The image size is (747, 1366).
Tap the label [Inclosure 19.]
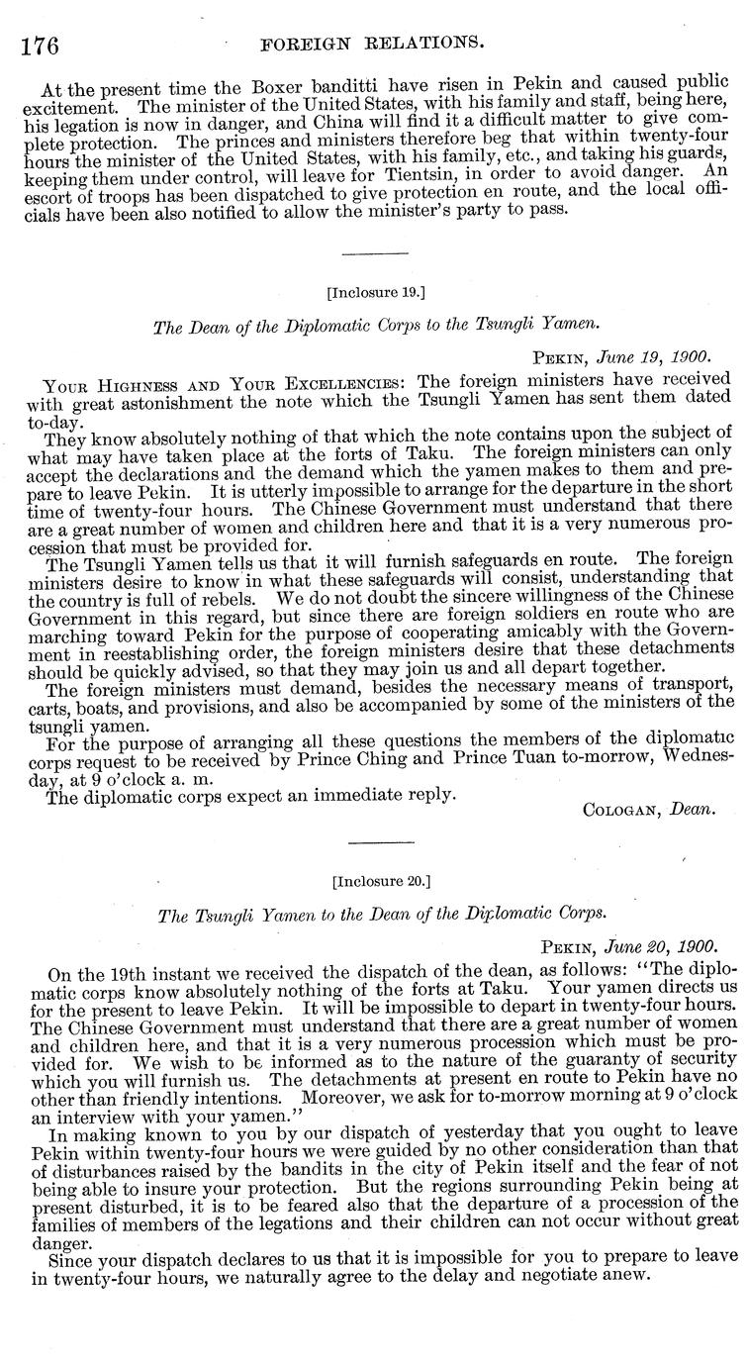[x=374, y=293]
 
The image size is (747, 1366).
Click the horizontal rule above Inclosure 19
[x=374, y=255]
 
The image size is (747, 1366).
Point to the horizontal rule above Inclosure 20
[x=374, y=843]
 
